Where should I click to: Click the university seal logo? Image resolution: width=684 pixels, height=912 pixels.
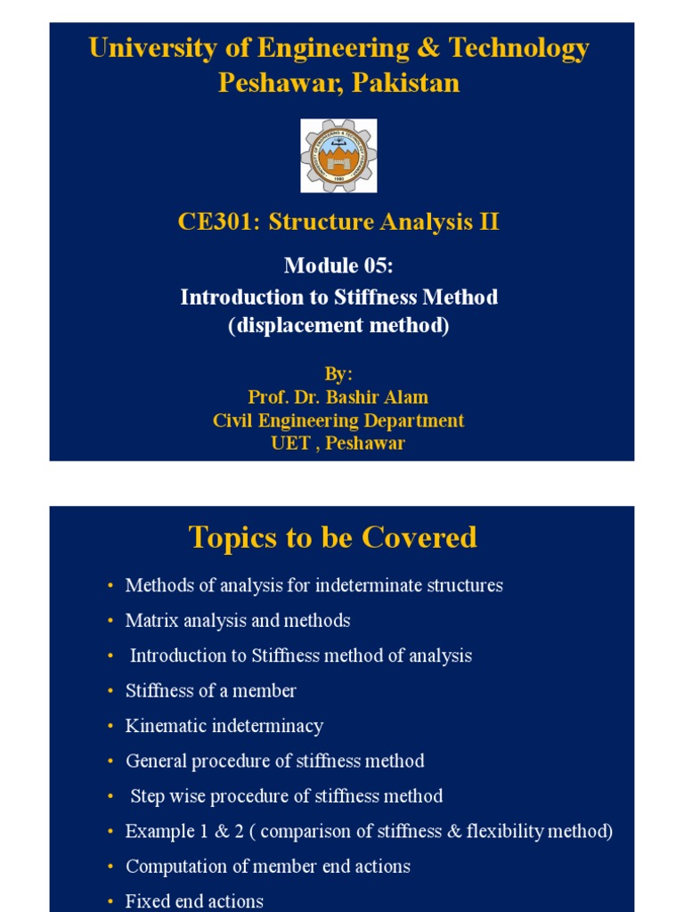(x=338, y=156)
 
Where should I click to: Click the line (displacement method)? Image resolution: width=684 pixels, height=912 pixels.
(x=338, y=327)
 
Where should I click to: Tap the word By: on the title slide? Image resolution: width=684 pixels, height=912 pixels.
(x=338, y=374)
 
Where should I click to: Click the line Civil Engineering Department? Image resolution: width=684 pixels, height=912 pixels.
(x=338, y=420)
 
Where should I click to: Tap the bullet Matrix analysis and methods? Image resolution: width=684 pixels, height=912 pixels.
(x=238, y=621)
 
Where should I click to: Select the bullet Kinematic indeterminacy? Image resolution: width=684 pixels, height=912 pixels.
(x=224, y=726)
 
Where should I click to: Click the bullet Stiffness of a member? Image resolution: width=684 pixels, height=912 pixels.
(x=211, y=691)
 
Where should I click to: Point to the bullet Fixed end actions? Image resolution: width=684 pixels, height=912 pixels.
(x=194, y=901)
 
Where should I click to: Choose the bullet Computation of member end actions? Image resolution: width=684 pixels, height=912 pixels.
(x=268, y=867)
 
